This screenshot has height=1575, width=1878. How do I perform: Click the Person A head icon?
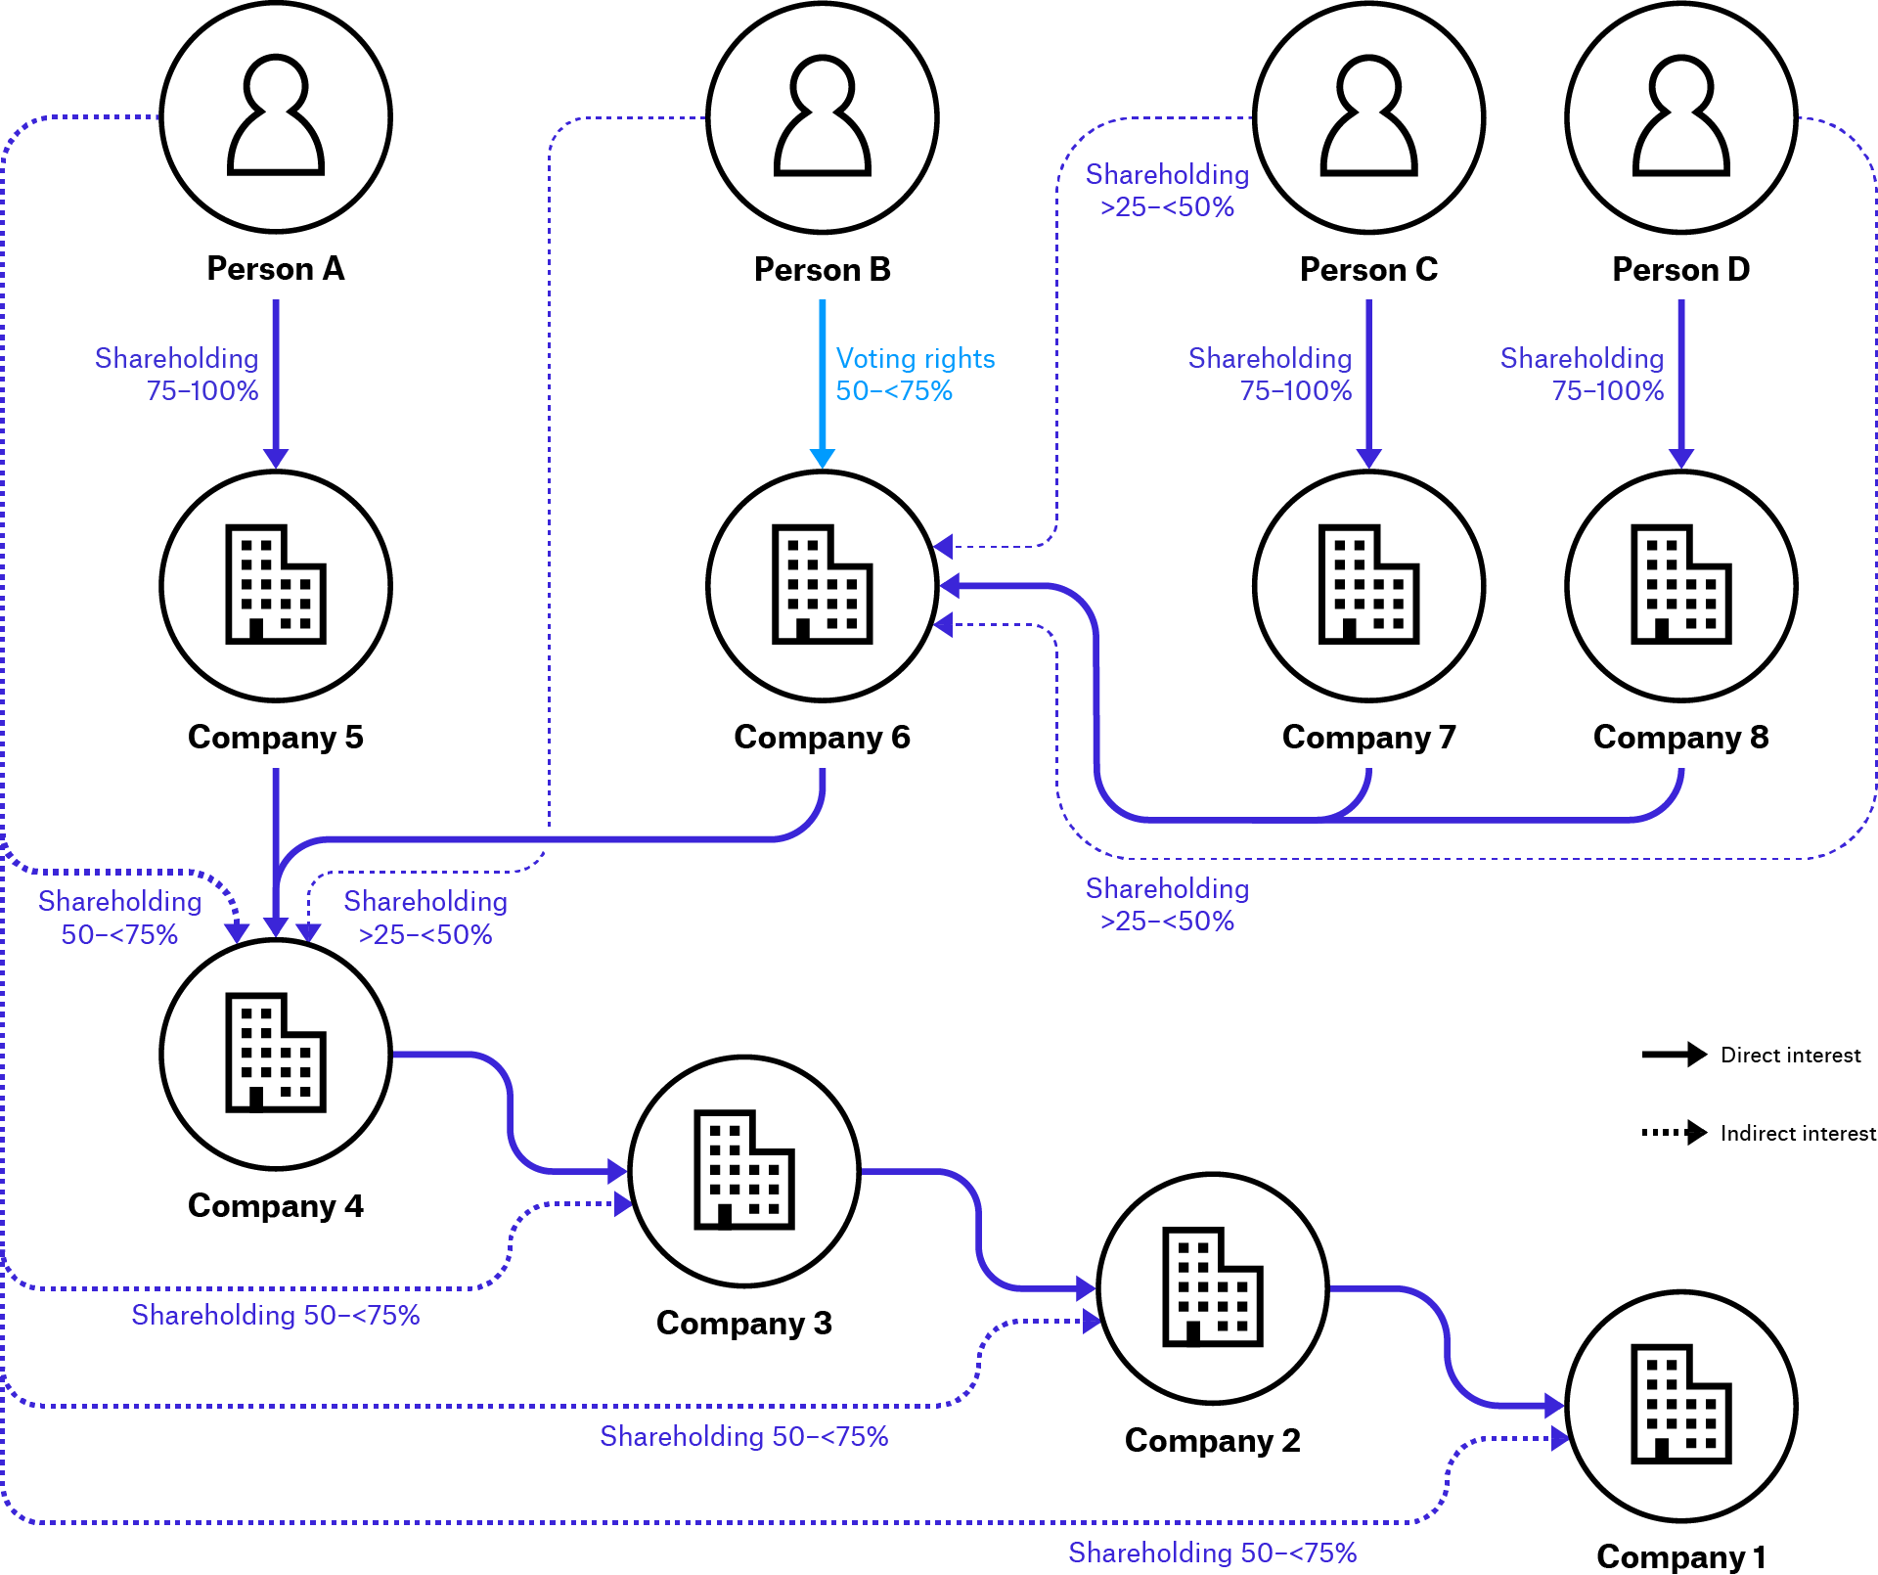276,115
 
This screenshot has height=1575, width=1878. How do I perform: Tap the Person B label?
822,269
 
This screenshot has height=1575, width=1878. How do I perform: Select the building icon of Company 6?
822,584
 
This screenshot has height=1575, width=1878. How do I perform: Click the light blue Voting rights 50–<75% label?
914,375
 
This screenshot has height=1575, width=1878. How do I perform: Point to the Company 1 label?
1680,1556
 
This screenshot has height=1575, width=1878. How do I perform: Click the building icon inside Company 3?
743,1169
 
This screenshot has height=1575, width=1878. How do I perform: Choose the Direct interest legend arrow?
1674,1055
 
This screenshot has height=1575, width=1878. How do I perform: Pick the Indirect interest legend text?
1798,1133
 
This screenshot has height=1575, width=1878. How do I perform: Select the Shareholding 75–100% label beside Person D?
1582,375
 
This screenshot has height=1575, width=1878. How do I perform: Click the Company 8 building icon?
1680,584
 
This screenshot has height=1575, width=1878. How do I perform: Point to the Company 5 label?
276,737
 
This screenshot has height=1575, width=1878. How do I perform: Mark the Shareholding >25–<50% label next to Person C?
1167,191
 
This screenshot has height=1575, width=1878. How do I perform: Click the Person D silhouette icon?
1680,115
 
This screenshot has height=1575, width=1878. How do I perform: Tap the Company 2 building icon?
1212,1286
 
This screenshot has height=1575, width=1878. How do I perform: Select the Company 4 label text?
276,1205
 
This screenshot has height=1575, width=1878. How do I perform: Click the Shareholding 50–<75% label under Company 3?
743,1436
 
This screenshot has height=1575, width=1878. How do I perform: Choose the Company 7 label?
1368,737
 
